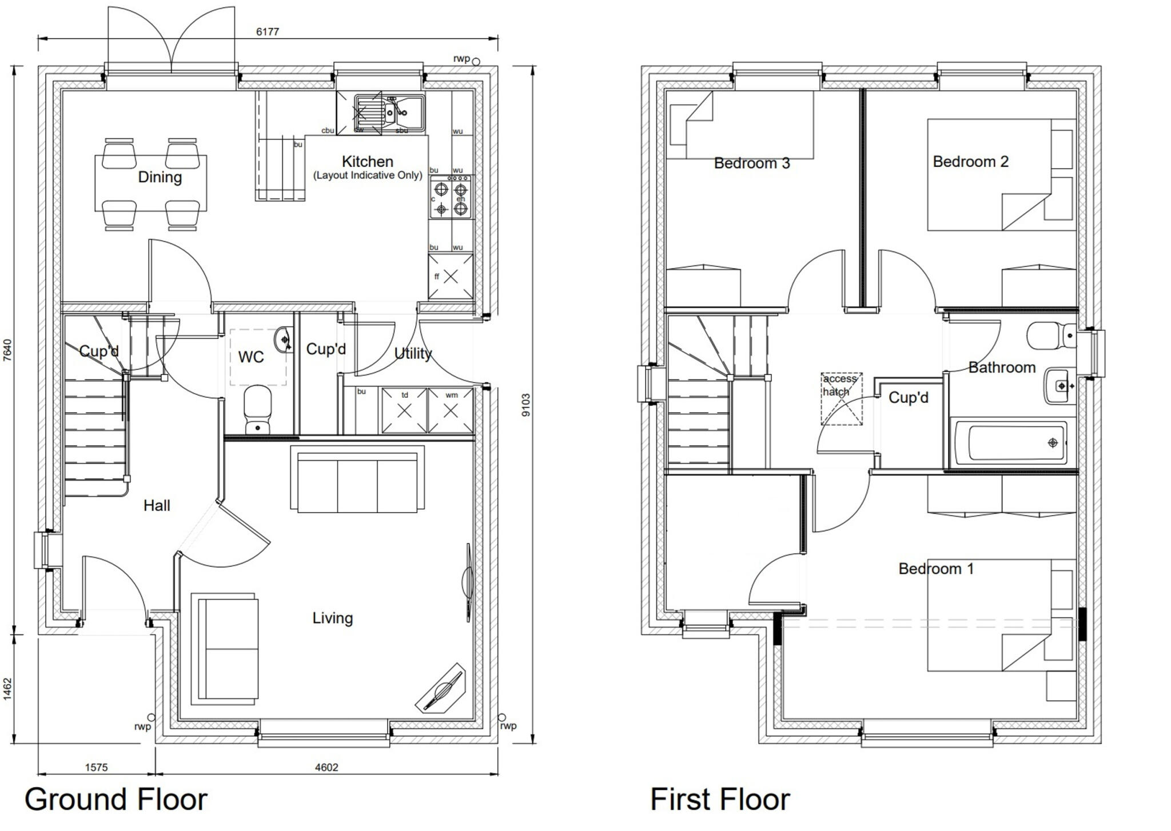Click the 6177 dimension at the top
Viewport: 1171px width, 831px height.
(x=267, y=32)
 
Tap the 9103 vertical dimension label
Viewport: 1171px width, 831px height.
(x=526, y=405)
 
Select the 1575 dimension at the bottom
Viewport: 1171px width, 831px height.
(x=96, y=768)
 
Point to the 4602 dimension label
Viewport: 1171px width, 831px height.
(x=326, y=768)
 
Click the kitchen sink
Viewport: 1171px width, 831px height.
(x=389, y=111)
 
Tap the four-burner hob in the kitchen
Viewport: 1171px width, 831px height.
(x=451, y=198)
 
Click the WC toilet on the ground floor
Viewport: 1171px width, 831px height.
(x=257, y=409)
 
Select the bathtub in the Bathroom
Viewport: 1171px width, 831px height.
(x=1009, y=443)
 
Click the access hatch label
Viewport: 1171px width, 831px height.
(x=839, y=385)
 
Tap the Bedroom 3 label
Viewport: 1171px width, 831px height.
(x=751, y=163)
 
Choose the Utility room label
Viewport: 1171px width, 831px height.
(x=413, y=354)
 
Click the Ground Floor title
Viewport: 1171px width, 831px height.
(x=115, y=799)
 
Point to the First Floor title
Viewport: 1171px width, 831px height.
(x=719, y=799)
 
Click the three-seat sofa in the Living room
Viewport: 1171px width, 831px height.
(x=357, y=479)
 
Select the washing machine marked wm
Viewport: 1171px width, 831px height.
(x=451, y=410)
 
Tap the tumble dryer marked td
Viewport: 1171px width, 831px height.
(x=404, y=410)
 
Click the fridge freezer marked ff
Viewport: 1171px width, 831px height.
(x=451, y=277)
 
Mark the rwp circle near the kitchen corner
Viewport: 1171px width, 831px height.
(x=476, y=61)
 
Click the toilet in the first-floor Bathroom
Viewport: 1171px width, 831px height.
(x=1051, y=335)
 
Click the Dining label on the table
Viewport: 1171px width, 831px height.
(x=160, y=177)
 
